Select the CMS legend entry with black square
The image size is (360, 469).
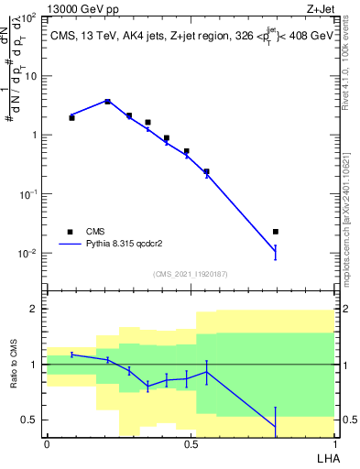click(71, 232)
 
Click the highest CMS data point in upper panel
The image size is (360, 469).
click(107, 102)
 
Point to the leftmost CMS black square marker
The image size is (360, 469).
click(71, 117)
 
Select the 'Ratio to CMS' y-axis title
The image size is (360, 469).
click(15, 365)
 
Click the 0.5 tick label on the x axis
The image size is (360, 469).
click(191, 443)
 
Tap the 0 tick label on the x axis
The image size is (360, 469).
click(47, 443)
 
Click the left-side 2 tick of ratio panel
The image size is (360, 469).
click(38, 309)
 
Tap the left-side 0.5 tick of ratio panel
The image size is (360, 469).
click(34, 420)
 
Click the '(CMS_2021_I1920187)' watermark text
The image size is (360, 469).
click(190, 274)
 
